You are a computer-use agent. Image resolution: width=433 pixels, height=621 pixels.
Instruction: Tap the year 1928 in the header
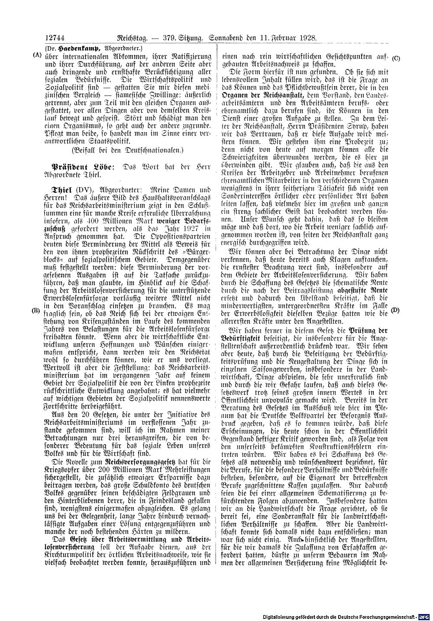(308, 38)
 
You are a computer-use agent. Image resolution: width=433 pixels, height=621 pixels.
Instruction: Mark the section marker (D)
(395, 310)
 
